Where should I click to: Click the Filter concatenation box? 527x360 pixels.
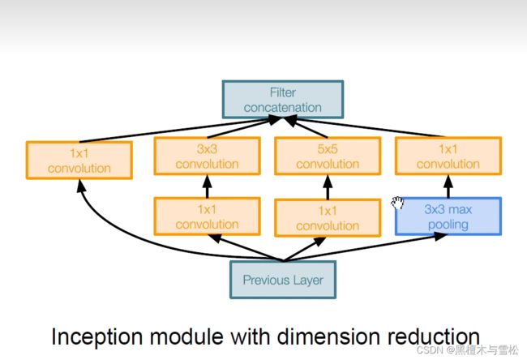coord(283,100)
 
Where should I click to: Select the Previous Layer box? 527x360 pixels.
coord(283,280)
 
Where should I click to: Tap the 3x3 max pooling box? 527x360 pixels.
coord(448,216)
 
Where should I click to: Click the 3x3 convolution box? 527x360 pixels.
coord(207,156)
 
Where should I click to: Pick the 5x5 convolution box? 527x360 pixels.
coord(328,156)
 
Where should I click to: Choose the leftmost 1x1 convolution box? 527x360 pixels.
coord(79,160)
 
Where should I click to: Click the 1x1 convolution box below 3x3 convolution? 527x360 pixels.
coord(207,216)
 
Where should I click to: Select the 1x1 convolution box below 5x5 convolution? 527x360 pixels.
coord(328,218)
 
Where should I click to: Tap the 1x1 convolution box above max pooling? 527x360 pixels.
coord(448,156)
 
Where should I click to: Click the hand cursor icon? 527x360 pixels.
coord(397,203)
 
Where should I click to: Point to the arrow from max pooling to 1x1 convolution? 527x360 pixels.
coord(448,186)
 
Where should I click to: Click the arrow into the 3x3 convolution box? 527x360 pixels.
coord(207,186)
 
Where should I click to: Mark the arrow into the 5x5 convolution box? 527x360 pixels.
coord(328,187)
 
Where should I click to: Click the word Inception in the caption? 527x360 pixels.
coord(97,336)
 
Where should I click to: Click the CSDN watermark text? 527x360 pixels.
coord(467,350)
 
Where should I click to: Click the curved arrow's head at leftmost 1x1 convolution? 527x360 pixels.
coord(80,186)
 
